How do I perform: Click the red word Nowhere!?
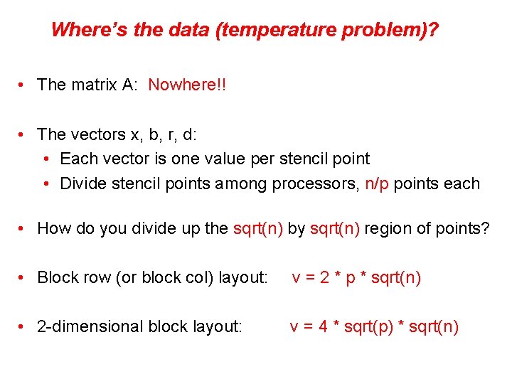(186, 85)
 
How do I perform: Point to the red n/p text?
(377, 183)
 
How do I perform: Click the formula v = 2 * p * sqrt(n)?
(356, 277)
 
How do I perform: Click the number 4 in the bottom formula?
(323, 326)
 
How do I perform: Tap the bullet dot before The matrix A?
(24, 85)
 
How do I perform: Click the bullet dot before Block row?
(24, 278)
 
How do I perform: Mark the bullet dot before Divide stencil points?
(47, 184)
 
